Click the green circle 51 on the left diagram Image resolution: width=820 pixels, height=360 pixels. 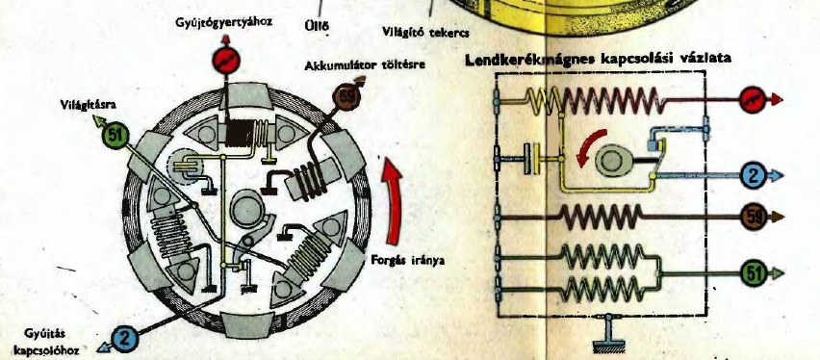115,137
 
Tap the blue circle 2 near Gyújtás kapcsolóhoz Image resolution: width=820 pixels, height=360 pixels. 124,338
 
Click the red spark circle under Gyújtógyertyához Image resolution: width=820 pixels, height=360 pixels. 226,61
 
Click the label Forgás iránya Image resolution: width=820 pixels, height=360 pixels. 407,260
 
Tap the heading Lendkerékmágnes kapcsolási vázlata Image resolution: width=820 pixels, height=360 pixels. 599,59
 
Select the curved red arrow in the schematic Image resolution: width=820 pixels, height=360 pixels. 587,147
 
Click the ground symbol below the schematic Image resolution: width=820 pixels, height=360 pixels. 609,334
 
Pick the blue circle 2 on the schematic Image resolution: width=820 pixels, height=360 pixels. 753,176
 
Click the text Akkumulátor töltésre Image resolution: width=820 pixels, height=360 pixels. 365,65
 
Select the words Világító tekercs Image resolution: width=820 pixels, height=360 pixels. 425,33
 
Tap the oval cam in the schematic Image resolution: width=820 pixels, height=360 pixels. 609,160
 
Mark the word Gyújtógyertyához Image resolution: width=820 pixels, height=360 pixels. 224,23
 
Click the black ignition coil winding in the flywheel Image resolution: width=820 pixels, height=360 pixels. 239,133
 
